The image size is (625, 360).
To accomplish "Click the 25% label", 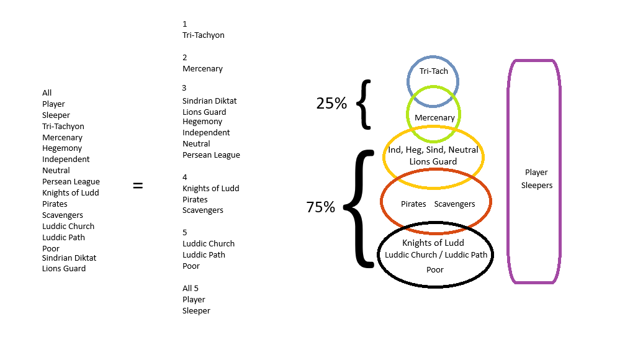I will click(331, 104).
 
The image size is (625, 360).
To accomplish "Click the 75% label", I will click(320, 207).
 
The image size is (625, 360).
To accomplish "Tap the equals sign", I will click(138, 185).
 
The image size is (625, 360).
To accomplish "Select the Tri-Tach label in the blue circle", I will click(433, 71).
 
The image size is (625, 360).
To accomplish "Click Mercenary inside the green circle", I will click(434, 117).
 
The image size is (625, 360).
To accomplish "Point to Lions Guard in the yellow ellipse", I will click(433, 161).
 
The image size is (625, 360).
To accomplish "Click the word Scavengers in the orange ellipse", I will click(454, 204).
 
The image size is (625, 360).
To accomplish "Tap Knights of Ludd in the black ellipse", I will click(433, 243).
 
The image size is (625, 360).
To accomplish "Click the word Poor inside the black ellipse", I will click(435, 269).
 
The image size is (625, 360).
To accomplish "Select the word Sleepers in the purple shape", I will click(536, 185).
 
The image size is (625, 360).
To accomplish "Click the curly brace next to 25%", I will click(364, 104).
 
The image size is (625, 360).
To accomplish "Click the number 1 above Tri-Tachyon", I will click(184, 24).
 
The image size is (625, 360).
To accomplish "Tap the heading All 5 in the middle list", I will click(190, 288).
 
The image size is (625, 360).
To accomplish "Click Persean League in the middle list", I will click(211, 155).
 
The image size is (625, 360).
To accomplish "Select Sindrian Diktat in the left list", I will click(69, 258).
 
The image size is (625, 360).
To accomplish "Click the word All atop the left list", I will click(47, 93).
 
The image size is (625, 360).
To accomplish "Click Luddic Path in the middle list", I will click(204, 254).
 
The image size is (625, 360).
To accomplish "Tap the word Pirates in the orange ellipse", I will click(413, 204).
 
